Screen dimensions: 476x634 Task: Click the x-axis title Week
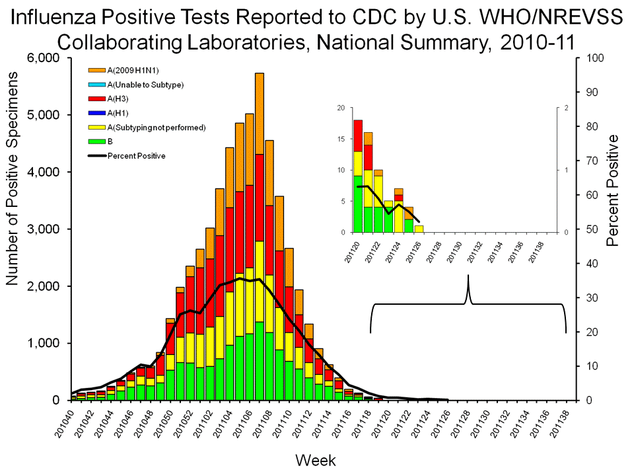316,459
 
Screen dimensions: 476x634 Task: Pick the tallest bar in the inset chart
358,176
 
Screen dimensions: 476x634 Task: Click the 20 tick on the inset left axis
341,108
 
